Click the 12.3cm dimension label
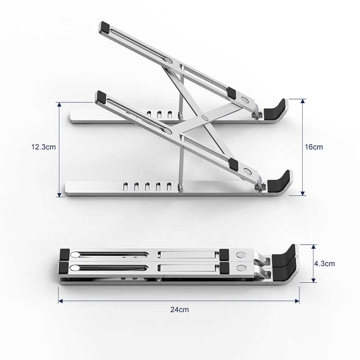pos(43,147)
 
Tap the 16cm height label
pos(314,147)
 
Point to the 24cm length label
pos(180,309)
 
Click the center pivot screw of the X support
pos(205,118)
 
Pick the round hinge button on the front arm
pos(247,171)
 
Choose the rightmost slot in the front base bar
pos(170,185)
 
